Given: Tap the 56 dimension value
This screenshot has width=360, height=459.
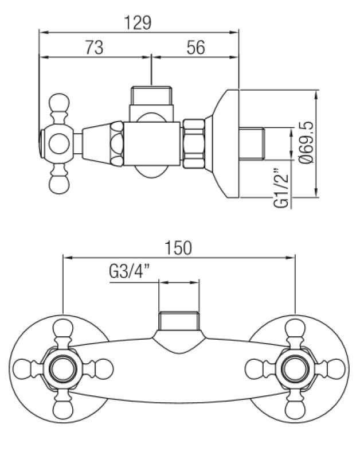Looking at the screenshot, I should click(195, 48).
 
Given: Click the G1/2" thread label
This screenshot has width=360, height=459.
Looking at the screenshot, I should click(280, 188).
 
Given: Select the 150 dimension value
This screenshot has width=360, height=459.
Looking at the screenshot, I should click(178, 248).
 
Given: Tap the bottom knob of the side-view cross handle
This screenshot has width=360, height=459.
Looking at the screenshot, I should click(59, 182).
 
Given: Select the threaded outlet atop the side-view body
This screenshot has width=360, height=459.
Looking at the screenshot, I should click(151, 95).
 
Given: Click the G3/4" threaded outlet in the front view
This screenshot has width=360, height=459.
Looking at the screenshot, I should click(179, 321).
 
